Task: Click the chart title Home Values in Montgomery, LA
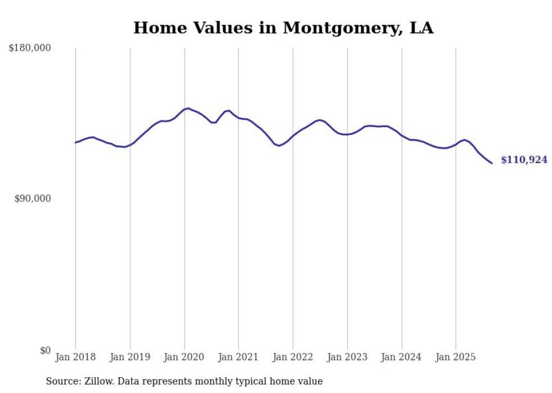[283, 28]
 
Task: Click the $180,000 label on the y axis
[30, 48]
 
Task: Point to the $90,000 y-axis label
[33, 198]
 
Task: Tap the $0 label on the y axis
[45, 350]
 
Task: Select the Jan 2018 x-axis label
[75, 357]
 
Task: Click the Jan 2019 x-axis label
[130, 357]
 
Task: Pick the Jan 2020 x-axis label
[184, 357]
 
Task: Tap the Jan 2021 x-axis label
[238, 357]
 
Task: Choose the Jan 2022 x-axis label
[293, 357]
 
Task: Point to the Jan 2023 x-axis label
[347, 357]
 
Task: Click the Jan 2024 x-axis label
[402, 357]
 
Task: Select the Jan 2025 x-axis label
[456, 357]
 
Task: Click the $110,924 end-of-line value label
[524, 160]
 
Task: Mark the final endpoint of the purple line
[492, 163]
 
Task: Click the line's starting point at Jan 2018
[75, 142]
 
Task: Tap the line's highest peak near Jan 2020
[188, 108]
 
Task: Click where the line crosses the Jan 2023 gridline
[348, 134]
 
